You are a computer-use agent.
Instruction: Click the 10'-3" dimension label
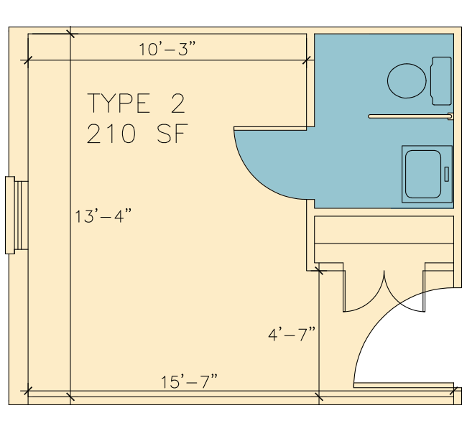(167, 49)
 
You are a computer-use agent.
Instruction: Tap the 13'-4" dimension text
(103, 216)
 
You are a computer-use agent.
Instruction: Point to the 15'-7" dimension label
(189, 381)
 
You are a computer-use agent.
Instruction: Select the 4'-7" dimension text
(292, 334)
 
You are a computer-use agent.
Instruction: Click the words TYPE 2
(136, 103)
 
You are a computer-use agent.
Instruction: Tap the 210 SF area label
(137, 134)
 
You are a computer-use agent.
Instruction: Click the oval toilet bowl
(407, 80)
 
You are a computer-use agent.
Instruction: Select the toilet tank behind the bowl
(441, 80)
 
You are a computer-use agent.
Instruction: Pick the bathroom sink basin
(423, 175)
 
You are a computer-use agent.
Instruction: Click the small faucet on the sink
(446, 175)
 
